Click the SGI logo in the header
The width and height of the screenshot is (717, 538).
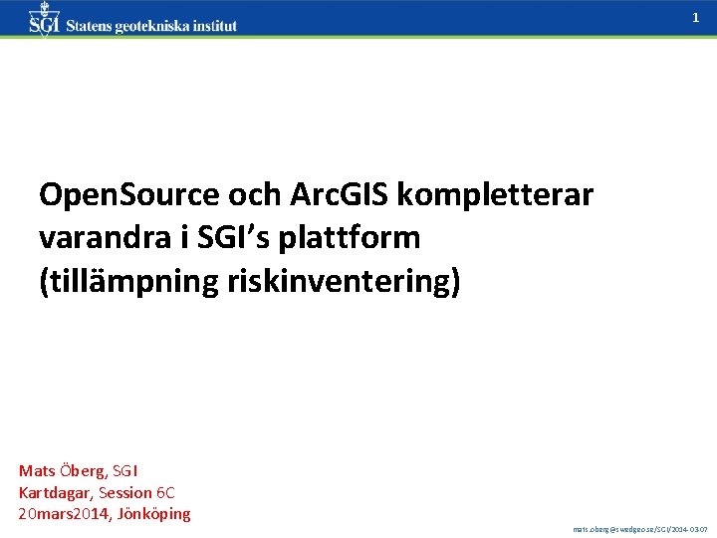(x=44, y=20)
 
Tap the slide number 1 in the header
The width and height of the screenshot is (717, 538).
(x=695, y=18)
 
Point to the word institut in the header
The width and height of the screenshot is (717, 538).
(x=213, y=26)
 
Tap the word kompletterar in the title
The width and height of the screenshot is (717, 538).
(x=495, y=195)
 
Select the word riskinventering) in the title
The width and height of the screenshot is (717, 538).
(x=327, y=282)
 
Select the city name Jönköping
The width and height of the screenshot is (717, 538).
(x=154, y=514)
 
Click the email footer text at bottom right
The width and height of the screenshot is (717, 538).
(x=640, y=530)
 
